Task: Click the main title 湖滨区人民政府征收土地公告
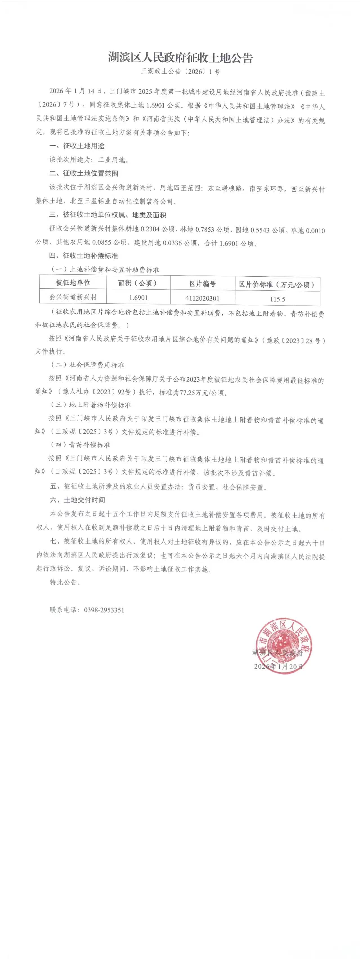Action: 180,58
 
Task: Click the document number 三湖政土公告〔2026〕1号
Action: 180,71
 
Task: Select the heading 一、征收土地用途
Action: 77,146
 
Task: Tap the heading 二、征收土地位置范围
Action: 84,173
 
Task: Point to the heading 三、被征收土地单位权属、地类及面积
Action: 108,215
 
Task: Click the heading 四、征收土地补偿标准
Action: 84,256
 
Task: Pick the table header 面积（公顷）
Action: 138,283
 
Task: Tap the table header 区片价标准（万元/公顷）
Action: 277,285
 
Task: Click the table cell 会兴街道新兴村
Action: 73,297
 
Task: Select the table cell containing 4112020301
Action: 202,298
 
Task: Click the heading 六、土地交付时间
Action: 77,500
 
